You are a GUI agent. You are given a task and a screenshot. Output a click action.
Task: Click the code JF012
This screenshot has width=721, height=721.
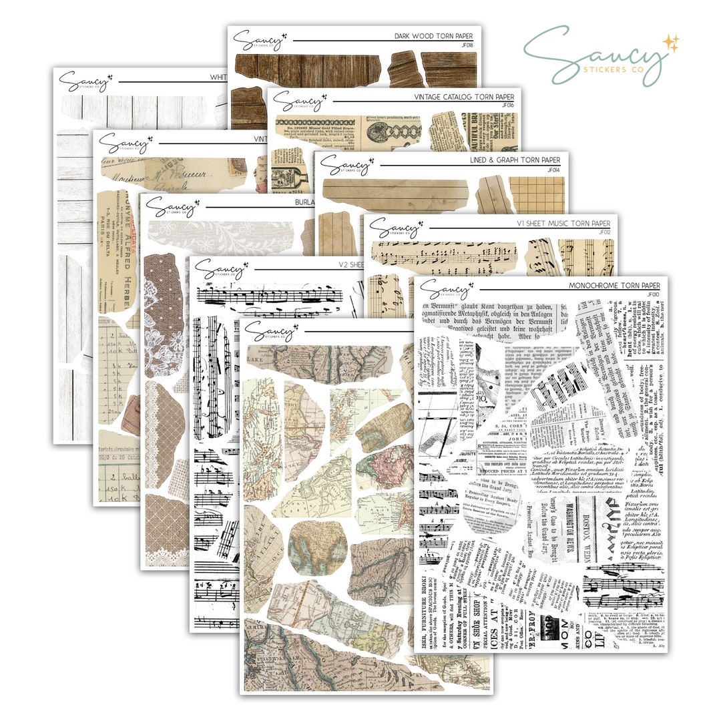(605, 232)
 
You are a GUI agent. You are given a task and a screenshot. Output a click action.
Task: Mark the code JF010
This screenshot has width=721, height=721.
(653, 294)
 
